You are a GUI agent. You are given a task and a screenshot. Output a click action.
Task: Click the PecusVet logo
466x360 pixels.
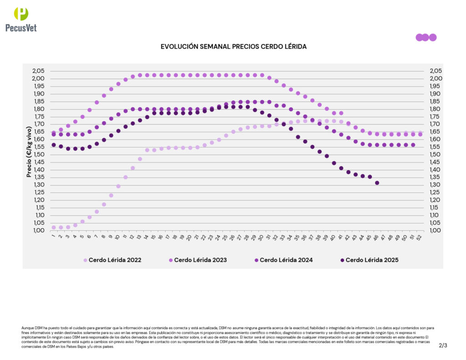point(21,19)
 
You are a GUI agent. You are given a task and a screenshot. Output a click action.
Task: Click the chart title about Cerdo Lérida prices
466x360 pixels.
point(233,47)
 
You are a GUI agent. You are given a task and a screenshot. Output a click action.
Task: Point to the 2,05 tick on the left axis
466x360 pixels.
point(39,71)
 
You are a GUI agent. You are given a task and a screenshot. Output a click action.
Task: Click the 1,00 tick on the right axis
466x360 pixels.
point(436,230)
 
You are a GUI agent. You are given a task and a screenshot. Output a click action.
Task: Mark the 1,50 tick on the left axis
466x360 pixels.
point(39,154)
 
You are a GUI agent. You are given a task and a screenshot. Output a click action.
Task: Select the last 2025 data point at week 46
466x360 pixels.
point(377,183)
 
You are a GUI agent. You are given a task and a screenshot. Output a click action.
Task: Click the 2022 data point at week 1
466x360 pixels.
point(54,227)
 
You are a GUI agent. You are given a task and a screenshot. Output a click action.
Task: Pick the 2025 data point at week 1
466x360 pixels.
point(54,145)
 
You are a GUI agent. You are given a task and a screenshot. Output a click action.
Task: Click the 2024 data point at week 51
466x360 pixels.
point(413,145)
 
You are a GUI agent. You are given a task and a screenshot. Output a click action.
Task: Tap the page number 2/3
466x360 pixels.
point(443,345)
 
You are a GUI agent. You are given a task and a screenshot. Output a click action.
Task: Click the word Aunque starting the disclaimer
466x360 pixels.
point(28,328)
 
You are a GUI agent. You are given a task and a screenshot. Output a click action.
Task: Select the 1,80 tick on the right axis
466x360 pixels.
point(436,109)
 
